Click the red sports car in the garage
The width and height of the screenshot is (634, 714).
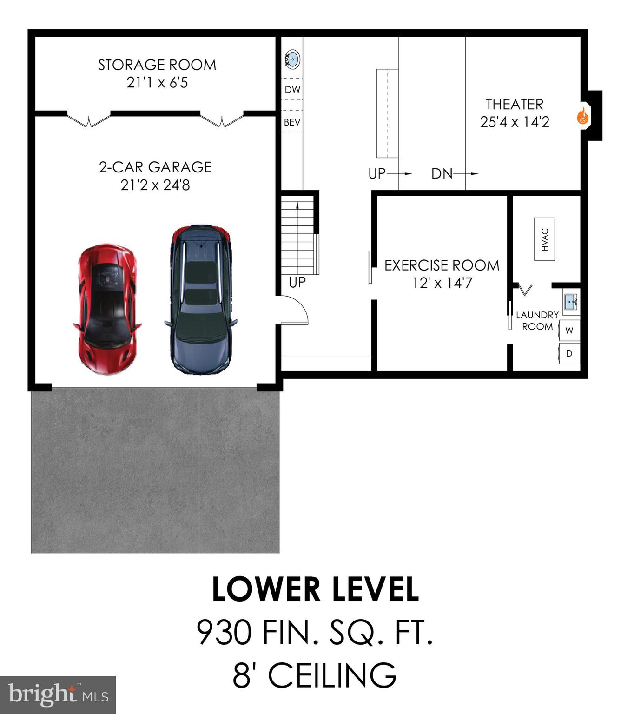107,309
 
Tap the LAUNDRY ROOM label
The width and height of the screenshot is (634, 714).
537,321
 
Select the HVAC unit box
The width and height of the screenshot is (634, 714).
544,239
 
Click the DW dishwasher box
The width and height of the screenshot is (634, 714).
292,90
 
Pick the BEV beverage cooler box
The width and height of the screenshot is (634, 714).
292,122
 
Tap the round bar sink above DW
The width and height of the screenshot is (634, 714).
292,59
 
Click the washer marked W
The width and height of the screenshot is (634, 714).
569,330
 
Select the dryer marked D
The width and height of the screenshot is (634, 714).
569,354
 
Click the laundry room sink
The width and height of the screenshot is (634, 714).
571,302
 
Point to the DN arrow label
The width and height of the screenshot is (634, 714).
442,174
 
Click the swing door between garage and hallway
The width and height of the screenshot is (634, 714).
293,311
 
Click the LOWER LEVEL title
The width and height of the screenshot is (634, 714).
316,589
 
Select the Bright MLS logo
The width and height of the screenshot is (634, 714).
58,695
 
